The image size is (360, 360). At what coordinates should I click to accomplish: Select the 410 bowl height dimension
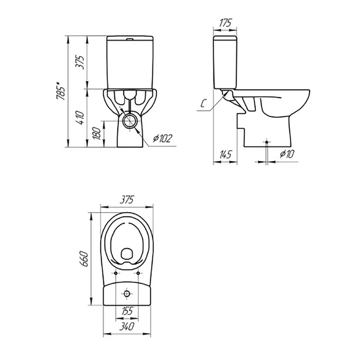pos(81,118)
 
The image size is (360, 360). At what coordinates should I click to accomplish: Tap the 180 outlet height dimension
pos(97,134)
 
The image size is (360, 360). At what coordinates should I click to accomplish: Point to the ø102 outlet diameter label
pos(162,138)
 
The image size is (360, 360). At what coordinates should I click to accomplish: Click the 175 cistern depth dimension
pos(225,23)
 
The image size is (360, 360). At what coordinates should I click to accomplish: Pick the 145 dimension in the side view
pos(225,154)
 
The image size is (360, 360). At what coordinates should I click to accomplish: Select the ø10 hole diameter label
pos(287,154)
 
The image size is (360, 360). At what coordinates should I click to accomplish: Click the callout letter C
pos(203,104)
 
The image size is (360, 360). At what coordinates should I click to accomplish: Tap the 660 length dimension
pos(84,259)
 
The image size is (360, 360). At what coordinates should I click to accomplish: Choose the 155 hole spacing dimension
pos(127,311)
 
